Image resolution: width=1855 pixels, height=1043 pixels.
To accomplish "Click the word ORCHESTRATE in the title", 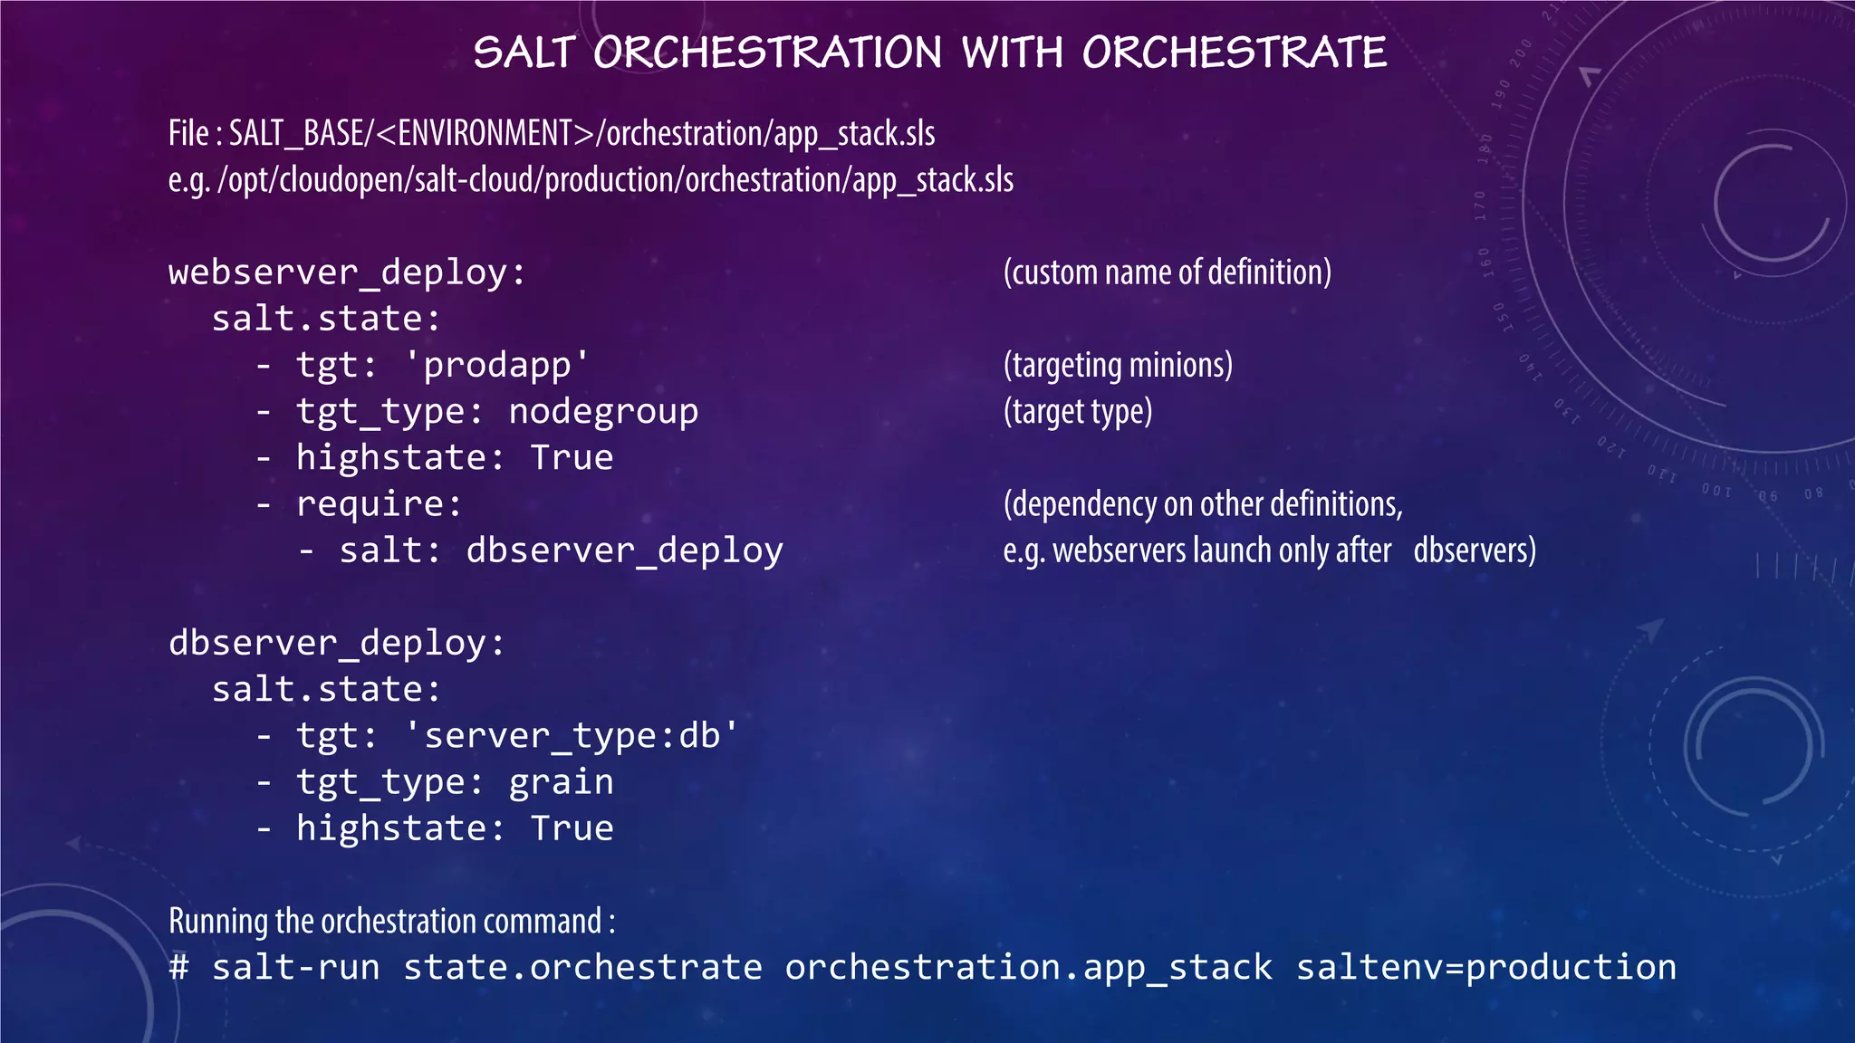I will (x=1234, y=53).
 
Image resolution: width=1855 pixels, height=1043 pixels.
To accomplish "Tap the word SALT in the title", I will (x=524, y=53).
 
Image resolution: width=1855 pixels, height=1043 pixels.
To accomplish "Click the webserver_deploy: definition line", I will (x=347, y=273).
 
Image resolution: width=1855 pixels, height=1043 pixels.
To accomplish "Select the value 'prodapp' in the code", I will (x=496, y=365).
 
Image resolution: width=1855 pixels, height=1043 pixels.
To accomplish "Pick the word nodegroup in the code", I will (x=603, y=412).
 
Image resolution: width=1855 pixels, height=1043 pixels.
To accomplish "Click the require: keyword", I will (x=379, y=504).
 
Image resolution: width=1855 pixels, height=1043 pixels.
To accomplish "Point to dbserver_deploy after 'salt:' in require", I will (x=624, y=550).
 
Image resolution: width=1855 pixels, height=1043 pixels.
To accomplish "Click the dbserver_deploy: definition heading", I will (x=337, y=643).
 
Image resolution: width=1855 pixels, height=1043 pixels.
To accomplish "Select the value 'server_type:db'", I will (x=571, y=736).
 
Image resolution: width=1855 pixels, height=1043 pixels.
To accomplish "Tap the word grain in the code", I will (x=561, y=782).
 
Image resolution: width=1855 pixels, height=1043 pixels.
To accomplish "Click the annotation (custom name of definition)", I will (x=1167, y=273).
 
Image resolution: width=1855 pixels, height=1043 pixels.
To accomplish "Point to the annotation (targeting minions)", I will (x=1118, y=365).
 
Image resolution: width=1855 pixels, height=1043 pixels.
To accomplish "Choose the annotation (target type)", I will (x=1078, y=412).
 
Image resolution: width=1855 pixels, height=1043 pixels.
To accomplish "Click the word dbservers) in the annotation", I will (x=1475, y=550).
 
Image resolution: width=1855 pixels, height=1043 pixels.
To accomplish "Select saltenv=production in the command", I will (x=1485, y=968).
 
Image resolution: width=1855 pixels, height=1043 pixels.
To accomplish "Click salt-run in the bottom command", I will (x=295, y=968).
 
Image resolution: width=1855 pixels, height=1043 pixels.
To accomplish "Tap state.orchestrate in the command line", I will (x=582, y=968).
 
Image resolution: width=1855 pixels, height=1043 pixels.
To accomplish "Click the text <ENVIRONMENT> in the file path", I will (x=485, y=134).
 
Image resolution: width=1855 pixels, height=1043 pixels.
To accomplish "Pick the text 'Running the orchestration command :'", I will (x=391, y=921).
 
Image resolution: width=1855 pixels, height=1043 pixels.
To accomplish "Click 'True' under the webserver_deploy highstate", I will (x=572, y=458).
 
